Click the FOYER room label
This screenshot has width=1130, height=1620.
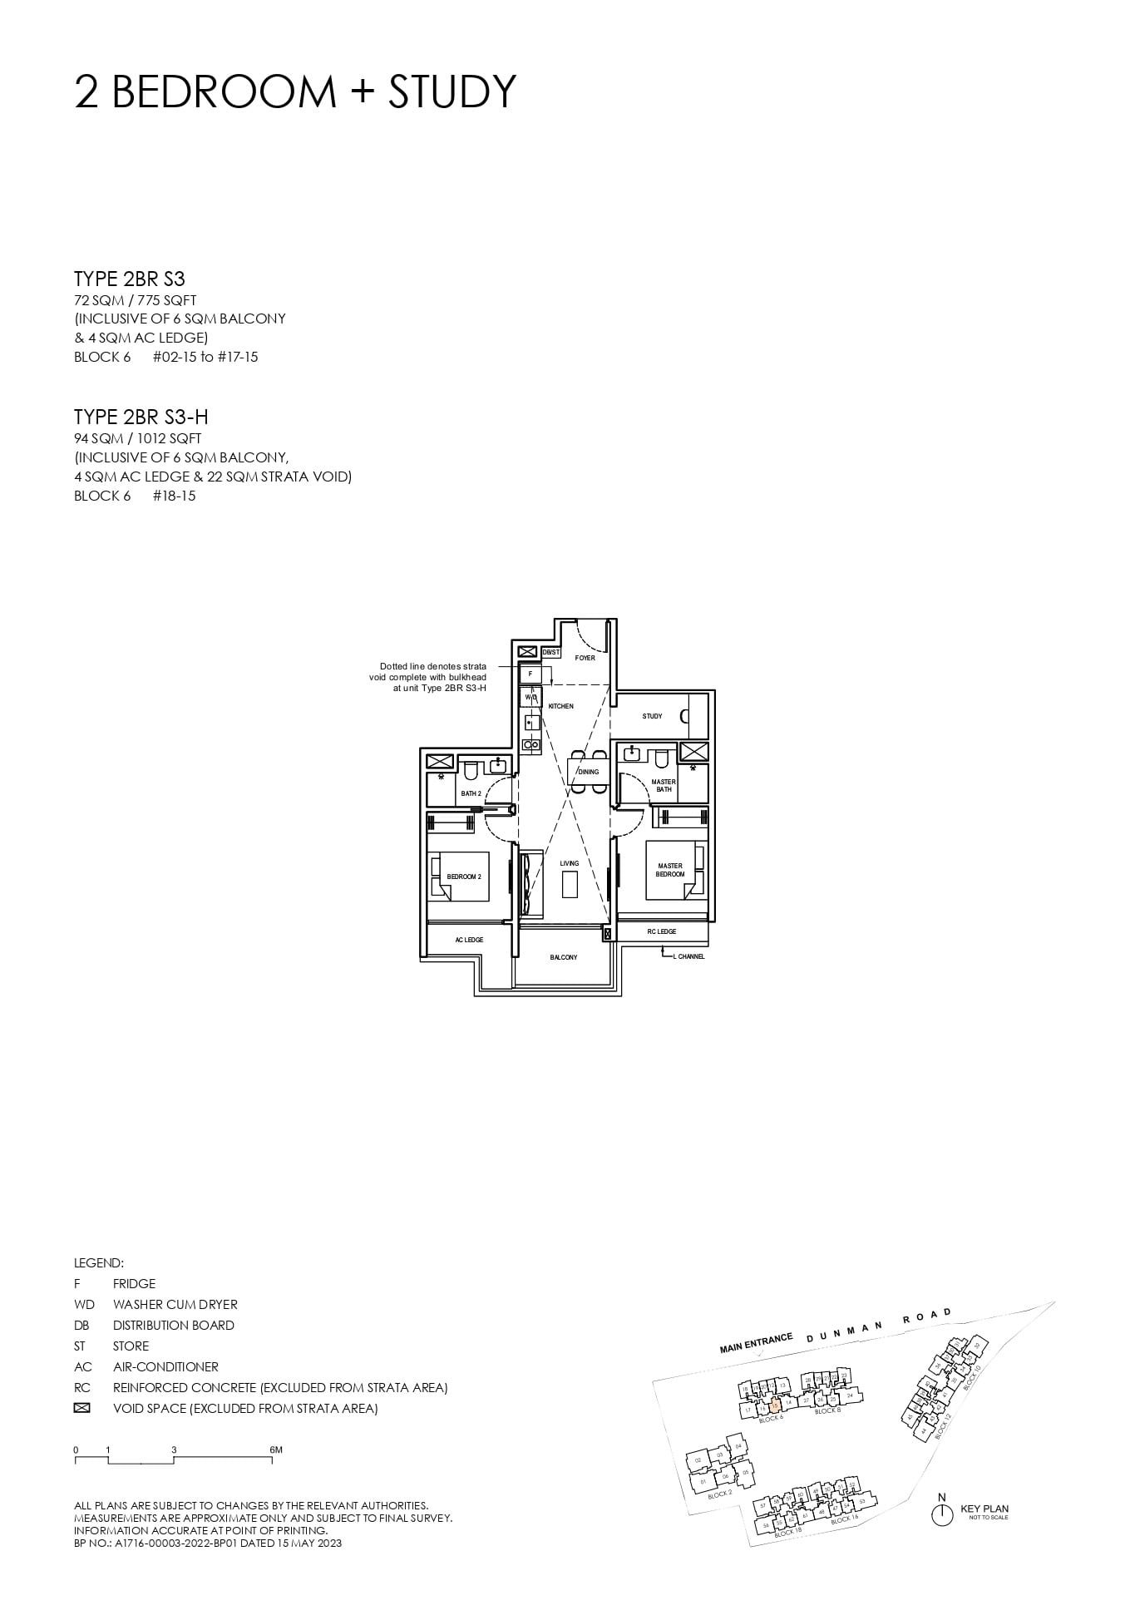click(x=585, y=658)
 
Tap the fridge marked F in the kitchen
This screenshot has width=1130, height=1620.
click(x=530, y=673)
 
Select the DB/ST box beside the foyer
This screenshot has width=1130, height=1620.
click(x=550, y=652)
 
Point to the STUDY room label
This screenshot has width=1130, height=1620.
click(x=652, y=716)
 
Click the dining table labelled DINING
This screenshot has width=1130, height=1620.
click(x=589, y=771)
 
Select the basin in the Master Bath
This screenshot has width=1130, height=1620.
click(x=632, y=755)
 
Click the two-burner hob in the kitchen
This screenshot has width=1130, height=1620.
click(x=530, y=745)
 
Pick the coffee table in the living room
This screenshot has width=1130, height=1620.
click(x=570, y=883)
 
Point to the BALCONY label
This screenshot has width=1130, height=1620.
click(x=563, y=957)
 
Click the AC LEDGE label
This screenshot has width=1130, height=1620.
click(x=469, y=940)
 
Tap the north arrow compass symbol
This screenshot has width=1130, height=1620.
click(x=941, y=1514)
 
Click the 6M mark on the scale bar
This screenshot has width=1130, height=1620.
click(x=276, y=1450)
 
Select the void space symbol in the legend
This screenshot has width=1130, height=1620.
click(x=81, y=1409)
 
